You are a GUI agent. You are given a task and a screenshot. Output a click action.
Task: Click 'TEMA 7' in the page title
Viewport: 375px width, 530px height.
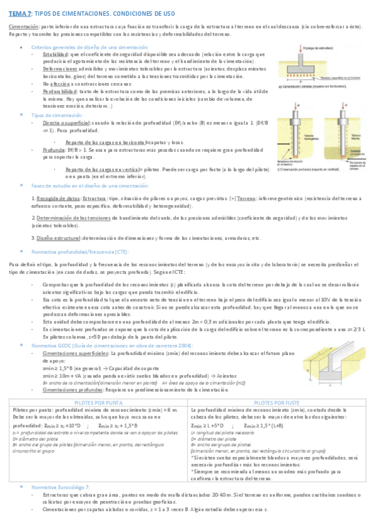[20, 13]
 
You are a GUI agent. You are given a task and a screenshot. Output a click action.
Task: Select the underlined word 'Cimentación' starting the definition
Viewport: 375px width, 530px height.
[23, 27]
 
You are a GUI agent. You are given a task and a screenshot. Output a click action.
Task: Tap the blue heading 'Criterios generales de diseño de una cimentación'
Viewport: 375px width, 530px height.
[78, 47]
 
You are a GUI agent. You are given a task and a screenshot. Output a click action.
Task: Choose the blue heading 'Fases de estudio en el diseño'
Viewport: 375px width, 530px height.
[90, 186]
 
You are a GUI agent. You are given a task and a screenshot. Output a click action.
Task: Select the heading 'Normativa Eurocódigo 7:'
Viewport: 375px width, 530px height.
[61, 486]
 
